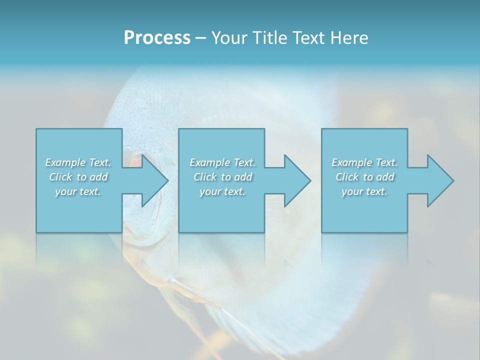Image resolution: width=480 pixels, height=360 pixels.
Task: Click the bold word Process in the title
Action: click(157, 38)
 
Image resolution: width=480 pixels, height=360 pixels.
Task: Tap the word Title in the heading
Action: click(271, 38)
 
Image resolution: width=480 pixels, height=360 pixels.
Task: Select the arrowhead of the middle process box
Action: click(296, 180)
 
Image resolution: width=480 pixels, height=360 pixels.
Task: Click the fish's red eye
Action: click(135, 161)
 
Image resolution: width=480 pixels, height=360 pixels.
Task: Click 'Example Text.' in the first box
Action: click(78, 162)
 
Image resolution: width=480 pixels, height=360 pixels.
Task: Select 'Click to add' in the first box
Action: click(78, 177)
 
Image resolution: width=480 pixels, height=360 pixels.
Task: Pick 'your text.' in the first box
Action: click(78, 191)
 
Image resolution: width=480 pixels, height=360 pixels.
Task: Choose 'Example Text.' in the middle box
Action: click(222, 162)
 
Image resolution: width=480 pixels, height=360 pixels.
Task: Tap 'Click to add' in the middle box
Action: click(222, 177)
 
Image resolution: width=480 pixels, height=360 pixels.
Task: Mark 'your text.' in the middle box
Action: click(222, 191)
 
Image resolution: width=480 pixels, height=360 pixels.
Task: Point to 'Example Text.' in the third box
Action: click(364, 162)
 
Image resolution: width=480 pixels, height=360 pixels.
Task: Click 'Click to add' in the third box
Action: click(364, 177)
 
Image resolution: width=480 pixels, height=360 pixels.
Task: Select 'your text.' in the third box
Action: click(364, 191)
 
